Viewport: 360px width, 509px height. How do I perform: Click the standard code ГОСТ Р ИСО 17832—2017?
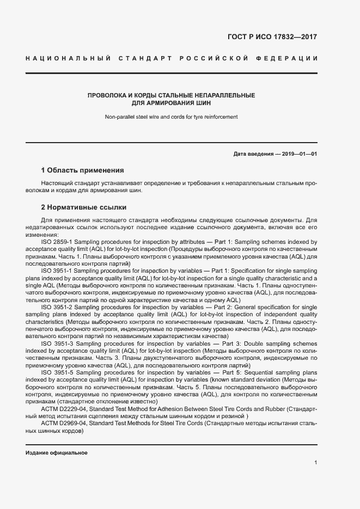tap(271, 38)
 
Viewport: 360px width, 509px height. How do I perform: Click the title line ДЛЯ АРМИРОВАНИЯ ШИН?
tap(172, 102)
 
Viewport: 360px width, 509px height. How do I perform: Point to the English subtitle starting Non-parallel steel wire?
tap(172, 116)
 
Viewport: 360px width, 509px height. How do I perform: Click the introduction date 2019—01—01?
tap(299, 154)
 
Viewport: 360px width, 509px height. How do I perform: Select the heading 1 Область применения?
tap(83, 170)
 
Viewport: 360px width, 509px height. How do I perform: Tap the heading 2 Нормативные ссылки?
tap(84, 207)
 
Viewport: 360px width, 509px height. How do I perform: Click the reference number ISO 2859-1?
tap(57, 241)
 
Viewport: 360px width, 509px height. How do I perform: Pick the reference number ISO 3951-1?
tap(57, 271)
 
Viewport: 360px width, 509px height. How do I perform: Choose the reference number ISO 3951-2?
tap(57, 308)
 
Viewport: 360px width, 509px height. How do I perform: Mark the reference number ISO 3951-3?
tap(57, 344)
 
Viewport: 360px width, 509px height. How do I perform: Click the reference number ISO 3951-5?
tap(57, 372)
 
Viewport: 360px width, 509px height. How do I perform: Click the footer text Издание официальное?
tap(57, 453)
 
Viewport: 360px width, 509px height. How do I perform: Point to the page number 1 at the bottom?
tap(315, 463)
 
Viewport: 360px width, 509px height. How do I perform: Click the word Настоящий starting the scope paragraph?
tap(57, 184)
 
